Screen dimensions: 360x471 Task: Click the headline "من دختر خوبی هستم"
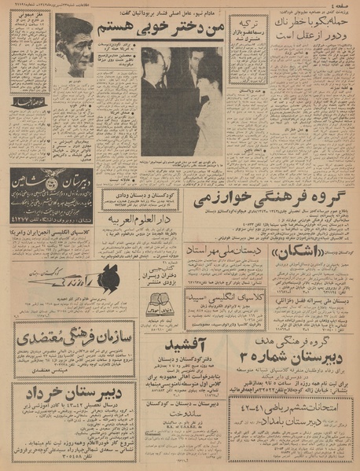tap(168, 27)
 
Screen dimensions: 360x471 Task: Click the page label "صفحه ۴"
tap(343, 7)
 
